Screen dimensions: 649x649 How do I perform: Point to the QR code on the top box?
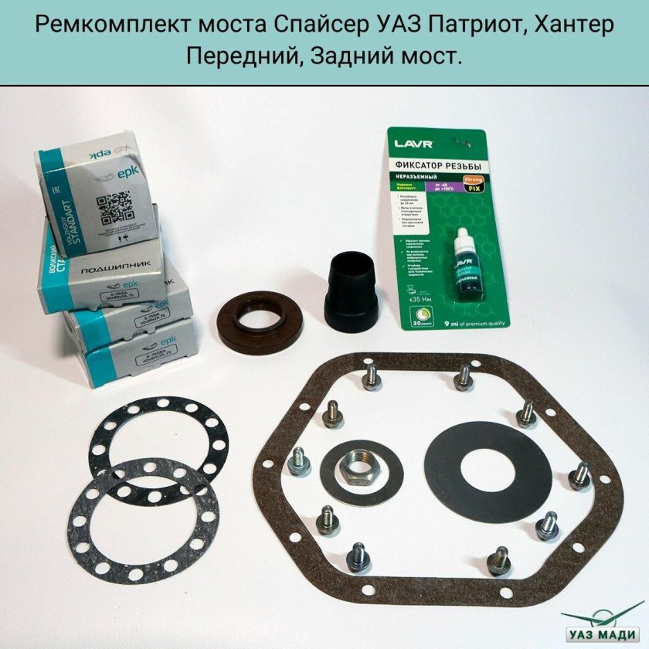(114, 210)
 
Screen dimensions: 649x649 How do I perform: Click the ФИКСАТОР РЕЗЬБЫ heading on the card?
(436, 168)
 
